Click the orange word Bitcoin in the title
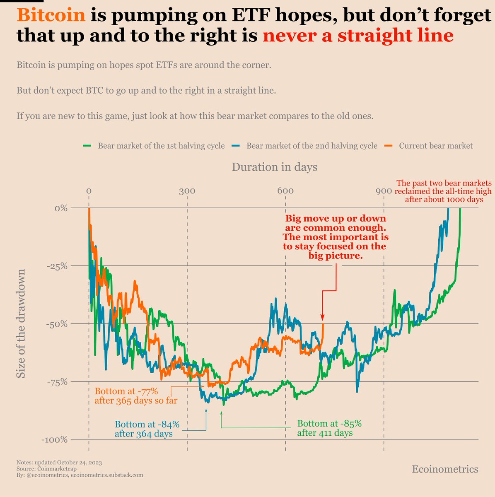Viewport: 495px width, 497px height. click(x=51, y=16)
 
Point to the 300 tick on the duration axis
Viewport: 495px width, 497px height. click(x=187, y=191)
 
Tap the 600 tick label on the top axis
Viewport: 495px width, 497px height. click(x=285, y=191)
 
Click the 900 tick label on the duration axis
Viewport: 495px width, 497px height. click(x=384, y=191)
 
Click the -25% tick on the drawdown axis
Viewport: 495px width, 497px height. click(x=56, y=266)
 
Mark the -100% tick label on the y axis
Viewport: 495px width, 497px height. click(x=54, y=439)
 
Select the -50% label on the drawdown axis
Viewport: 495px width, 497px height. click(x=56, y=324)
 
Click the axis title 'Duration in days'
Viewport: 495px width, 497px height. click(x=275, y=167)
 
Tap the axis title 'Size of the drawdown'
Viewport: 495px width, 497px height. click(x=21, y=324)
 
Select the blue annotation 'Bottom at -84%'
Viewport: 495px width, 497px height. click(x=147, y=425)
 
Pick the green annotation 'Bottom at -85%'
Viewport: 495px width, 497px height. click(x=330, y=424)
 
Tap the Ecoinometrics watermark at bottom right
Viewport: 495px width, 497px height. click(x=445, y=469)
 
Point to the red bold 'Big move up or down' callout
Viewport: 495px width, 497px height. click(x=336, y=218)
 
